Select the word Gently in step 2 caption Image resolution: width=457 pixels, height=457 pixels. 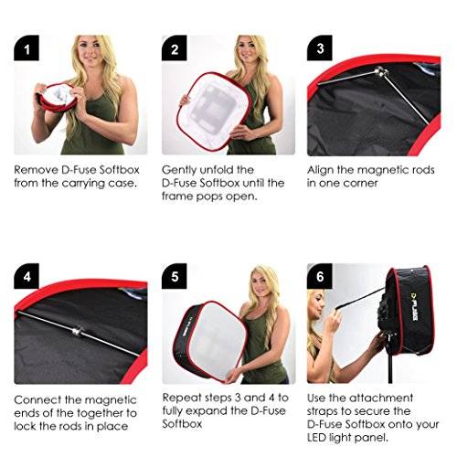181,170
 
